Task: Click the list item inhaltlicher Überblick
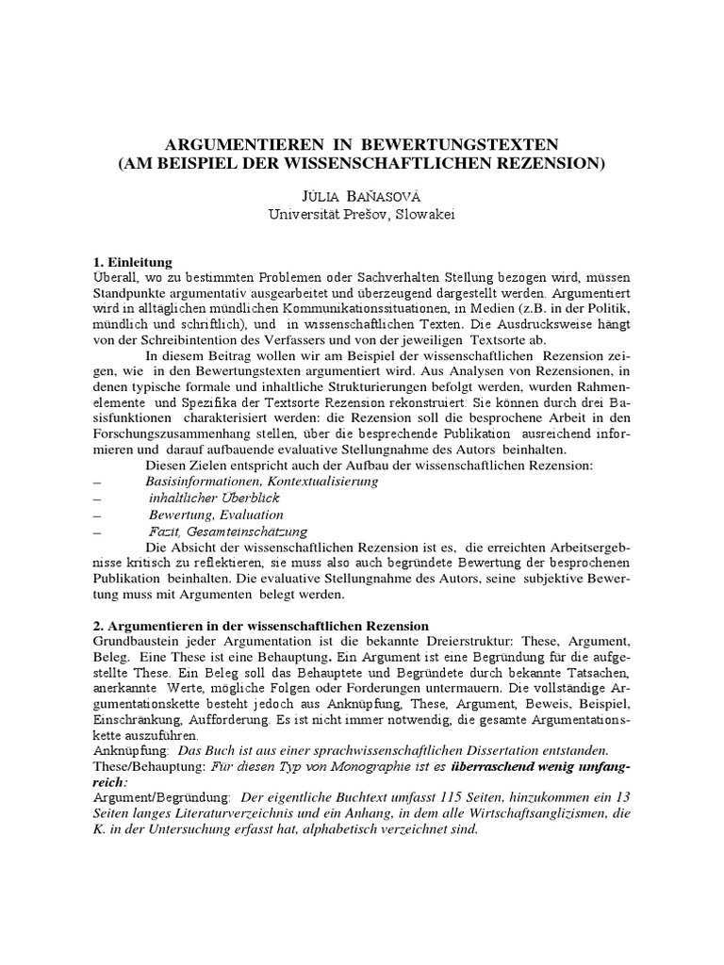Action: (x=214, y=498)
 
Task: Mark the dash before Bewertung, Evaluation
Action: (x=97, y=515)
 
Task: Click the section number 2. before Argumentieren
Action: (x=99, y=626)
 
